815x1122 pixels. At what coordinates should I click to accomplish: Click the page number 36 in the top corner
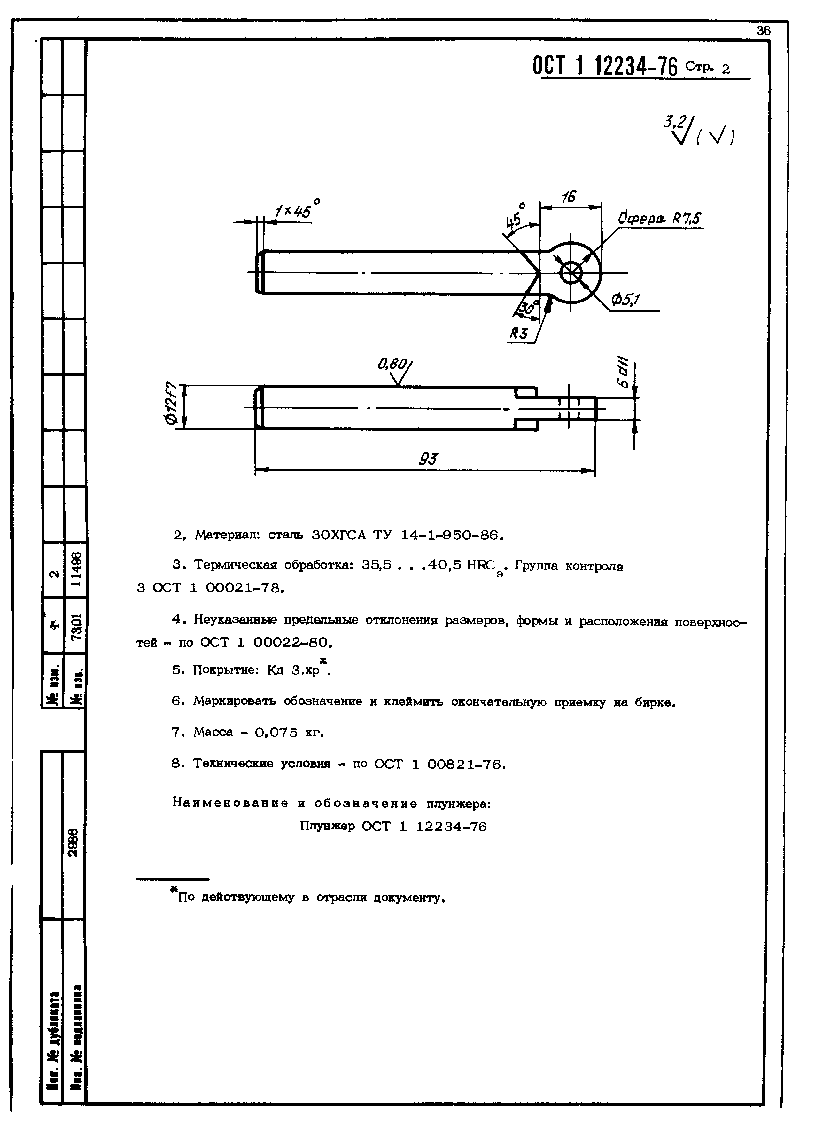coord(763,31)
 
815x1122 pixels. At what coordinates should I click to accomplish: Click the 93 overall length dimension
coord(428,459)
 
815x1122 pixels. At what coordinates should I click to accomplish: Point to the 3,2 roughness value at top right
coord(673,122)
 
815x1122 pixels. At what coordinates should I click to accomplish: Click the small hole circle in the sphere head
coord(571,272)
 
